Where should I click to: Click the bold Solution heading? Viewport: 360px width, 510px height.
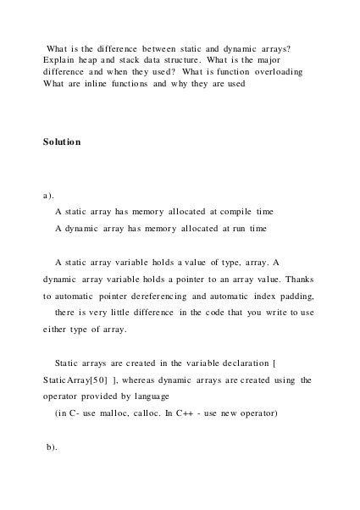[62, 141]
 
